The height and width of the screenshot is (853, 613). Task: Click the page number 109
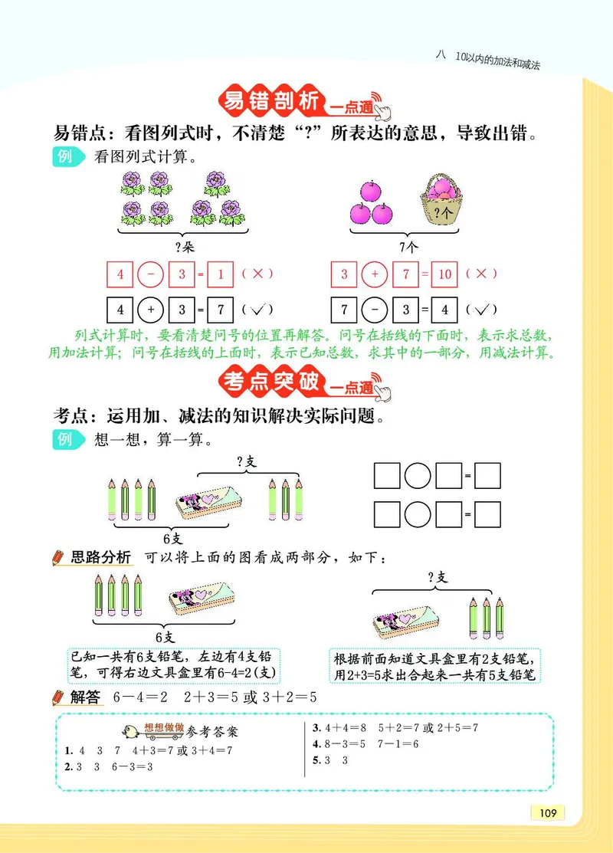point(547,812)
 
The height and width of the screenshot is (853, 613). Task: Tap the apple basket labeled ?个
point(440,202)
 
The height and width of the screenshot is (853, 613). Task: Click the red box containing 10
point(444,274)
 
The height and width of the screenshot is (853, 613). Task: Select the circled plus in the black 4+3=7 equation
point(151,310)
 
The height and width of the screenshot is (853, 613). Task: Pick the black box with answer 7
point(220,310)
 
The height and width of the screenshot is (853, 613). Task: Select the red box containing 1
point(220,274)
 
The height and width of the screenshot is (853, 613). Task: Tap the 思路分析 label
point(100,557)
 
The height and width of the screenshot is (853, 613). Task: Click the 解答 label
point(85,697)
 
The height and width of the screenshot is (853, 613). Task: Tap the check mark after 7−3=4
point(481,310)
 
